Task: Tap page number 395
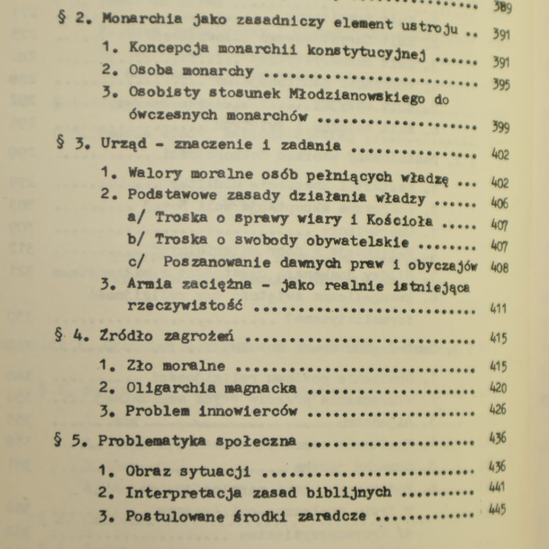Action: (501, 85)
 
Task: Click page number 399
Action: (501, 128)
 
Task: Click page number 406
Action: (500, 203)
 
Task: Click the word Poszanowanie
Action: (217, 262)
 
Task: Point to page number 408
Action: (500, 267)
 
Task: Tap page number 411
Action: (498, 309)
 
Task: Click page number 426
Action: (498, 410)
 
